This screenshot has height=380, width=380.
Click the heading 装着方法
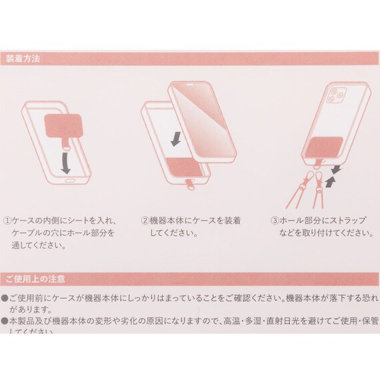[x=23, y=58]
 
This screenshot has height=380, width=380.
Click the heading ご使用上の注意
[x=35, y=277]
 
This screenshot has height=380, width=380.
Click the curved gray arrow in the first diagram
[x=66, y=159]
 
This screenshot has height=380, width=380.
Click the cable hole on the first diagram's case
[x=69, y=179]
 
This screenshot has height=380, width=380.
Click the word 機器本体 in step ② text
[x=167, y=219]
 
